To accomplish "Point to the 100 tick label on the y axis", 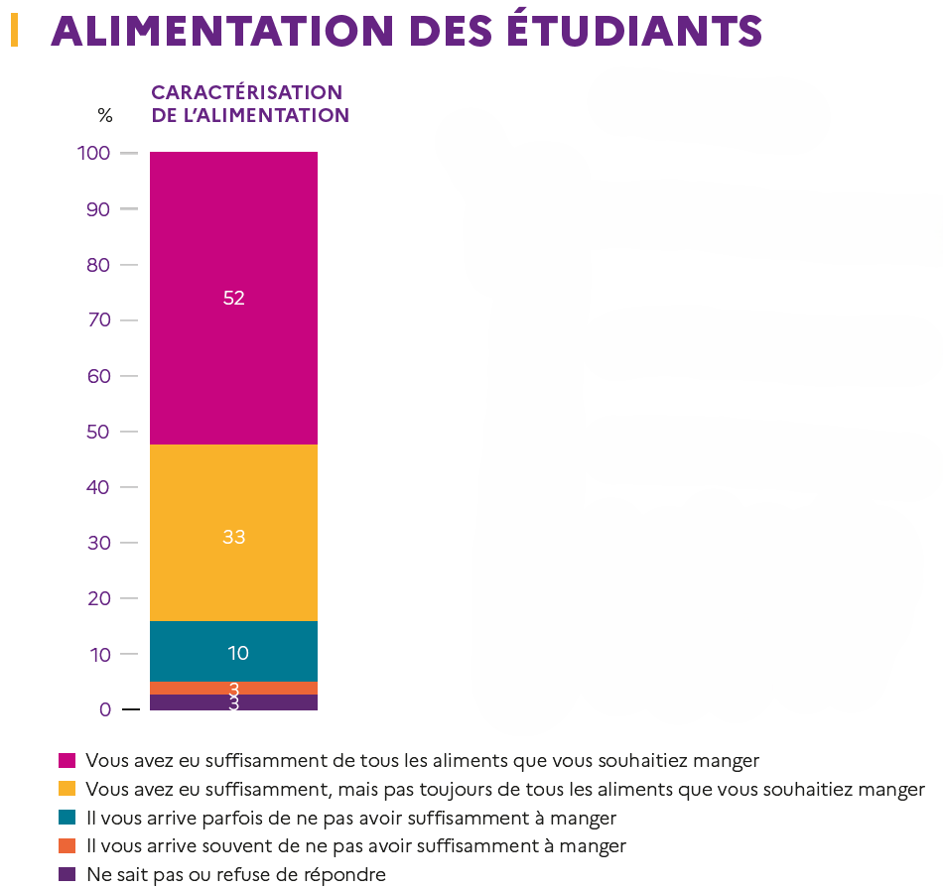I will point(92,154).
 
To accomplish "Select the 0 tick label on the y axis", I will point(104,709).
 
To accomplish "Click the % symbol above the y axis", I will point(105,115).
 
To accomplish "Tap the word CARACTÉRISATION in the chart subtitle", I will point(246,92).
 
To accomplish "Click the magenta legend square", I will point(67,761).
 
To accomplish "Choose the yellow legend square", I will point(67,790).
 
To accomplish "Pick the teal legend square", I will point(67,818).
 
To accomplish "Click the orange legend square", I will point(67,846).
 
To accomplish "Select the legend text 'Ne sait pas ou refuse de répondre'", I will point(235,875).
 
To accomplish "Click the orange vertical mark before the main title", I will point(14,31).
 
